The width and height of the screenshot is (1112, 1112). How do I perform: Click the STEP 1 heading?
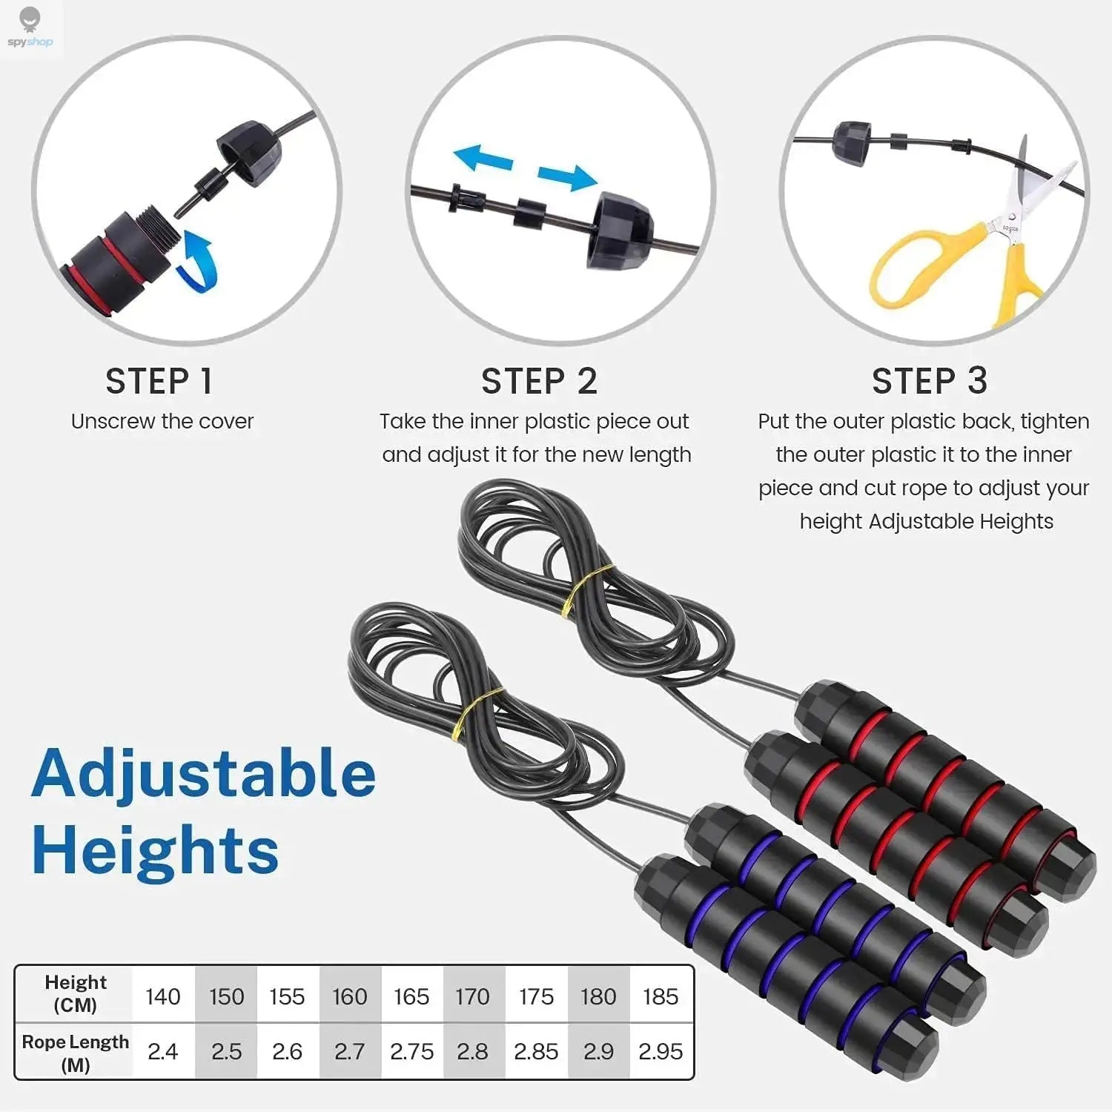pyautogui.click(x=159, y=381)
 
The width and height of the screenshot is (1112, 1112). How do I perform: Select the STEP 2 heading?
pyautogui.click(x=539, y=381)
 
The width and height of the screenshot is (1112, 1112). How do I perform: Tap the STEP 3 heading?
pyautogui.click(x=930, y=381)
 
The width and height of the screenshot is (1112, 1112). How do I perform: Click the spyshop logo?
pyautogui.click(x=30, y=28)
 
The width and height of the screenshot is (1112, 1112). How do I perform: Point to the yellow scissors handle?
pyautogui.click(x=919, y=267)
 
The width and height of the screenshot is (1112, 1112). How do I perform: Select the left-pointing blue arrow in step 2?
pyautogui.click(x=483, y=158)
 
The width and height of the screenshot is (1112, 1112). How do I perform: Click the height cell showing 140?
pyautogui.click(x=163, y=996)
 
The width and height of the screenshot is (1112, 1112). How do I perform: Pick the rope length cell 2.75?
pyautogui.click(x=411, y=1051)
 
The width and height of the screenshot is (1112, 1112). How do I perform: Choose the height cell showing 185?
pyautogui.click(x=661, y=996)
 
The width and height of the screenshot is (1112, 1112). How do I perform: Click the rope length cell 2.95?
pyautogui.click(x=661, y=1051)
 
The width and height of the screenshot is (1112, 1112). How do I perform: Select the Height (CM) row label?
pyautogui.click(x=75, y=993)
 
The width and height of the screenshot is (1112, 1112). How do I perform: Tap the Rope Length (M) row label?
pyautogui.click(x=75, y=1053)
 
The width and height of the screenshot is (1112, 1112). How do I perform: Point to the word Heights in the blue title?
pyautogui.click(x=155, y=851)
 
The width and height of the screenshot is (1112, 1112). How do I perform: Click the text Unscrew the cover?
pyautogui.click(x=162, y=421)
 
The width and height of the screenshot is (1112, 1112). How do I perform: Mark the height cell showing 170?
pyautogui.click(x=473, y=996)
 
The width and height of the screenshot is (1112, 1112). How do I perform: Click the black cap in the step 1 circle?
pyautogui.click(x=249, y=152)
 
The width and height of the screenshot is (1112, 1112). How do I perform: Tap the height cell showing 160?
pyautogui.click(x=349, y=996)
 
